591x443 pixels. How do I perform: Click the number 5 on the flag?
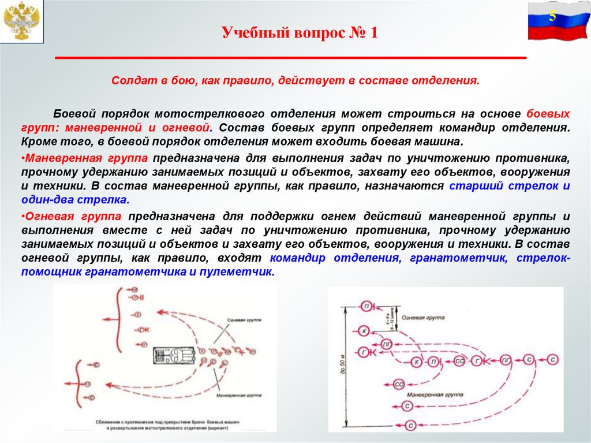point(552,16)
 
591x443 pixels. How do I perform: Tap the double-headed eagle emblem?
point(22,22)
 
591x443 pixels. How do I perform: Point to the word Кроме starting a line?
point(39,142)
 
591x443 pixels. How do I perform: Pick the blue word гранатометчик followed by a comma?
point(458,258)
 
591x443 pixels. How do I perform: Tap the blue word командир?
point(301,258)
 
